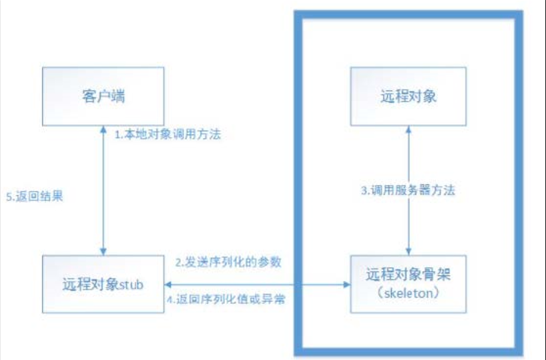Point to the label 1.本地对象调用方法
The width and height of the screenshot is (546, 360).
click(x=166, y=135)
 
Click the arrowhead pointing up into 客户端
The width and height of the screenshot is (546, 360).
click(x=103, y=129)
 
